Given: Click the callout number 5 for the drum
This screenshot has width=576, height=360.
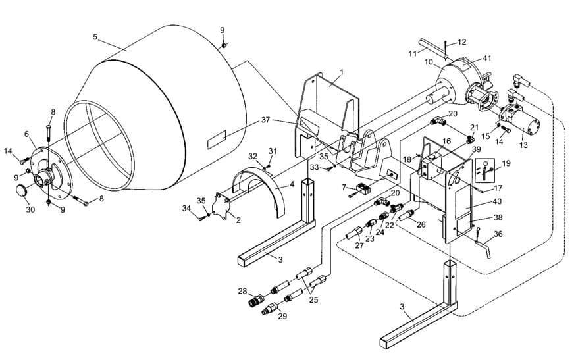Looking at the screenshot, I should point(95,38).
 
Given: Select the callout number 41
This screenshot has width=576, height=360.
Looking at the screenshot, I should point(487,58).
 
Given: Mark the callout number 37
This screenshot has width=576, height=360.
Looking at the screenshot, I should point(265,120).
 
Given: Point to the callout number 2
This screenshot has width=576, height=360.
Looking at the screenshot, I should point(238,220).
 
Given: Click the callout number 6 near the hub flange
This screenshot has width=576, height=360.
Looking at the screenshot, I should point(27,134).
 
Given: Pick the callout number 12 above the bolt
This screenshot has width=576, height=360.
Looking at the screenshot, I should point(461,42).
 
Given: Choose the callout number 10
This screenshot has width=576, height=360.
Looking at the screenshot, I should point(428,63).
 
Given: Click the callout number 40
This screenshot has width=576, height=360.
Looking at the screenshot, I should point(496,201).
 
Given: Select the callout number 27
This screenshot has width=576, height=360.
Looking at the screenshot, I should point(359,245).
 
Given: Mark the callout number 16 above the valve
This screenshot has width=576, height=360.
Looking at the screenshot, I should point(446,141).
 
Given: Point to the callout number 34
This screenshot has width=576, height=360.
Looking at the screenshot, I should point(186,209).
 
